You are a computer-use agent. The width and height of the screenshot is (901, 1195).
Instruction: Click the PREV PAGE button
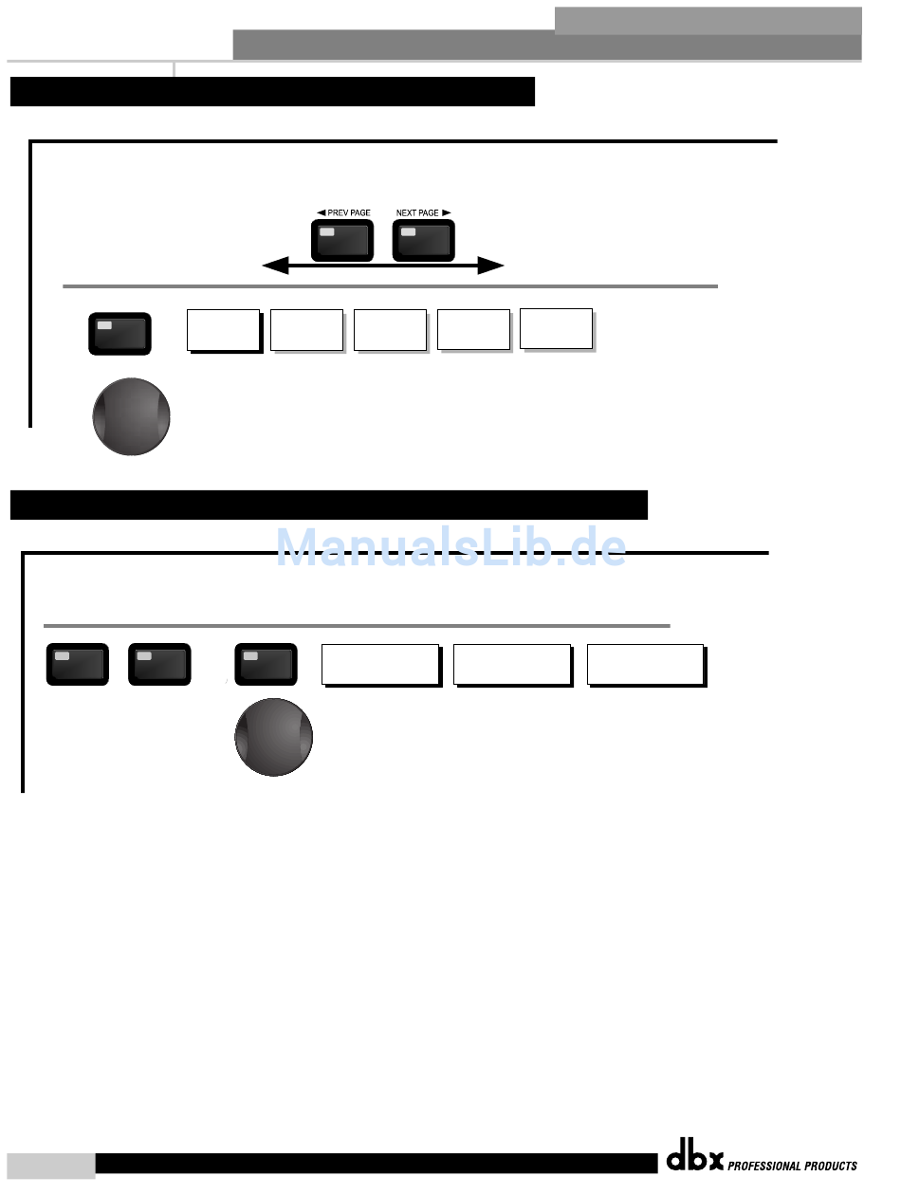click(x=342, y=240)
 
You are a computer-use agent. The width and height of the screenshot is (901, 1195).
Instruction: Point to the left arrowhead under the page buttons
click(x=275, y=267)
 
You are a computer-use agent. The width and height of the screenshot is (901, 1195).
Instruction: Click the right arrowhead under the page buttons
click(x=490, y=267)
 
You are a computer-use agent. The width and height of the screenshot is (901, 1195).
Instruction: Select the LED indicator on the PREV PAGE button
click(x=327, y=232)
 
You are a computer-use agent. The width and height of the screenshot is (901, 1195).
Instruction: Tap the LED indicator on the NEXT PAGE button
click(x=408, y=232)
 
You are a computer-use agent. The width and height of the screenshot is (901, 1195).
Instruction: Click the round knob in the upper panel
click(x=132, y=416)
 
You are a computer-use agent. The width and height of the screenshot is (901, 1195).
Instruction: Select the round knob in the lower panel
click(x=274, y=737)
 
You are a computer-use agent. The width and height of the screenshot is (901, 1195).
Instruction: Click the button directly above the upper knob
click(x=120, y=334)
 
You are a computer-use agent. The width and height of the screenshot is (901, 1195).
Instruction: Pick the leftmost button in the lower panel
click(x=78, y=664)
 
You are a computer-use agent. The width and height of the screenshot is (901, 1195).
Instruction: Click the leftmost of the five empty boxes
click(x=223, y=330)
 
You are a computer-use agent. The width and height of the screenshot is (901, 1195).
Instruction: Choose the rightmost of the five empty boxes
click(x=557, y=328)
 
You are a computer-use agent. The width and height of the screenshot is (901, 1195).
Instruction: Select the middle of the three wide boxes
click(x=512, y=664)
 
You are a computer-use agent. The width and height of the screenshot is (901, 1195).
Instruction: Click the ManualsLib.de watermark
click(x=450, y=547)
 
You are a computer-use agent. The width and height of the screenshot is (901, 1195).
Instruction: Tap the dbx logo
click(x=694, y=1159)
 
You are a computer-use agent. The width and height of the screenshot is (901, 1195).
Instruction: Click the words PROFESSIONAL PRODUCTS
click(x=792, y=1166)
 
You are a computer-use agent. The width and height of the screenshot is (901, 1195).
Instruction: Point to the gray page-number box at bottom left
click(x=50, y=1166)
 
